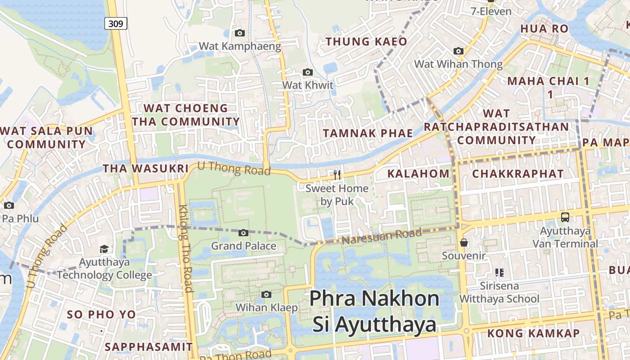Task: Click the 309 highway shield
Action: (116, 23)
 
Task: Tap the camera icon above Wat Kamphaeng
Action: (240, 33)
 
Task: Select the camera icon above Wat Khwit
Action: (308, 72)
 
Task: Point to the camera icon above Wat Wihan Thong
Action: (459, 51)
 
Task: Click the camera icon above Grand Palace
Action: (243, 233)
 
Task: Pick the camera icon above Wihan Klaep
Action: (267, 294)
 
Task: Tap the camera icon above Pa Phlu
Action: (9, 205)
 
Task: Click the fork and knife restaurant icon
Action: (337, 175)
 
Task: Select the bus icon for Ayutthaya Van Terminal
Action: (565, 217)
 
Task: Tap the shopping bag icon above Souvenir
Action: (464, 243)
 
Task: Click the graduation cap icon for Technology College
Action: (104, 249)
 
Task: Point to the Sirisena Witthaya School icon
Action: (499, 272)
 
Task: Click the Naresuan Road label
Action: (382, 236)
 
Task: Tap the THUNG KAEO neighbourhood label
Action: (366, 42)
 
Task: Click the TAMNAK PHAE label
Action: (368, 133)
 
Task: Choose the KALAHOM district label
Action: (418, 174)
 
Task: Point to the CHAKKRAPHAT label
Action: (517, 174)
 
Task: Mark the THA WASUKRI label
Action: (145, 169)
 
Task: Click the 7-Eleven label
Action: (491, 11)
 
